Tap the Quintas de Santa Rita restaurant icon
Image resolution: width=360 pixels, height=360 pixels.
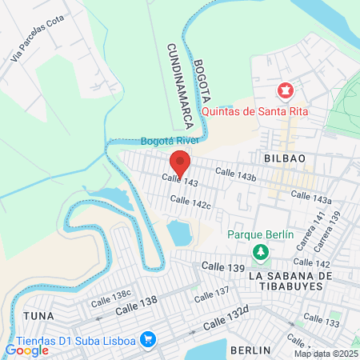tap(283, 93)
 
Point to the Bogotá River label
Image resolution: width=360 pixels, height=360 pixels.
tap(169, 141)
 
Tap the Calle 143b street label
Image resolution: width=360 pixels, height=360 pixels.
tap(235, 174)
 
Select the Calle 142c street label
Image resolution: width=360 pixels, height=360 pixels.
tap(190, 205)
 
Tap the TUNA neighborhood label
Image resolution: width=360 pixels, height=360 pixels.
tap(38, 316)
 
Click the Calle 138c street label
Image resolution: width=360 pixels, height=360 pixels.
tap(110, 298)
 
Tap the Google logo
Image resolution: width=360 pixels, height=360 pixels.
tap(26, 350)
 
